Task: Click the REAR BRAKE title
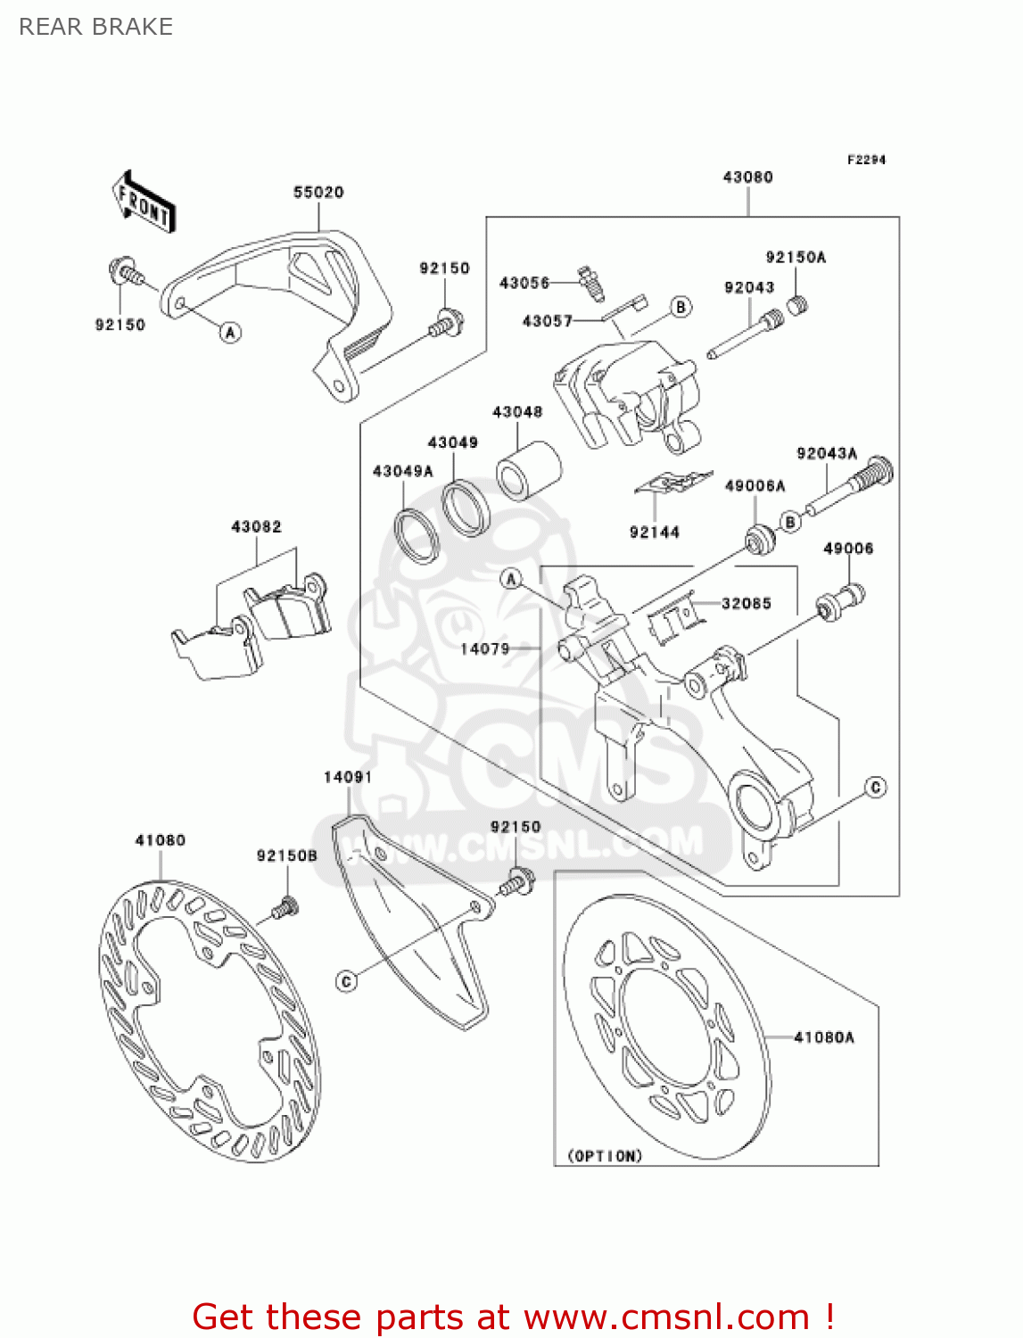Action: pyautogui.click(x=95, y=27)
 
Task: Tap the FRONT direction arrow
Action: pyautogui.click(x=144, y=203)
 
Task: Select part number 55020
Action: pyautogui.click(x=318, y=192)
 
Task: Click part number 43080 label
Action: pyautogui.click(x=747, y=177)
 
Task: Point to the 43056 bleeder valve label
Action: pyautogui.click(x=524, y=283)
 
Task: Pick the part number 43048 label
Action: pyautogui.click(x=517, y=412)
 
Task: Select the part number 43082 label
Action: pyautogui.click(x=256, y=526)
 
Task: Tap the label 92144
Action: pyautogui.click(x=655, y=533)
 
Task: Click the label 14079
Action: pyautogui.click(x=485, y=648)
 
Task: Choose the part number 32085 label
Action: pyautogui.click(x=747, y=604)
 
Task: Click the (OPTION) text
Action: pyautogui.click(x=605, y=1156)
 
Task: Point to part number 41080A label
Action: pyautogui.click(x=823, y=1037)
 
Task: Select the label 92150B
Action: pyautogui.click(x=287, y=855)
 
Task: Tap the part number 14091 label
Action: pyautogui.click(x=348, y=777)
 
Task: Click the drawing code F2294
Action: pyautogui.click(x=866, y=160)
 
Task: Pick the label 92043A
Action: pyautogui.click(x=827, y=453)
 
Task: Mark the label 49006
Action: pyautogui.click(x=848, y=549)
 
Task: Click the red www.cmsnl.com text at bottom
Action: pyautogui.click(x=665, y=1317)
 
